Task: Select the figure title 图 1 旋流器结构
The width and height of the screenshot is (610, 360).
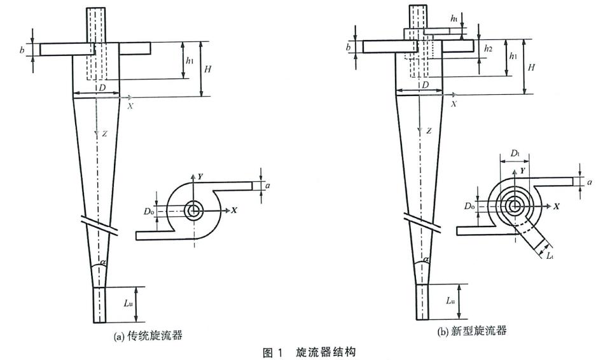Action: (305, 351)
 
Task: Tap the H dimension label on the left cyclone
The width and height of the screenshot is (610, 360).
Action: (207, 67)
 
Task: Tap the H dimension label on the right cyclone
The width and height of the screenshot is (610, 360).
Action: (532, 67)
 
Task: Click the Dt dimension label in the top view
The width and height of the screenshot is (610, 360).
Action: (515, 155)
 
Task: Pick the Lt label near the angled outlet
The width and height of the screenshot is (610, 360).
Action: (551, 254)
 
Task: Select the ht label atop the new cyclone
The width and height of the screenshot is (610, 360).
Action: (454, 19)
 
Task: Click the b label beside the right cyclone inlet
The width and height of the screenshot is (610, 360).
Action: (349, 47)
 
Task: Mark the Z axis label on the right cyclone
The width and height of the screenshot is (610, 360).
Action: (429, 131)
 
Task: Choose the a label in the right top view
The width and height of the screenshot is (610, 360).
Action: (590, 182)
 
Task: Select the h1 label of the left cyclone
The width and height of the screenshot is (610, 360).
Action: (189, 61)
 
